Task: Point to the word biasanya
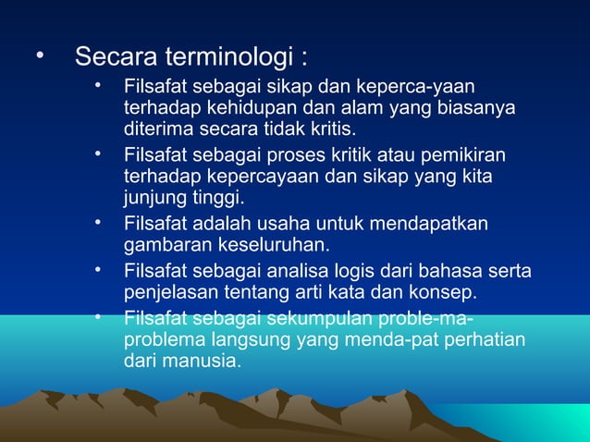pos(472,108)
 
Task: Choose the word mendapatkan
pos(433,224)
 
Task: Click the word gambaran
pos(163,245)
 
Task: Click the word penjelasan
pos(169,293)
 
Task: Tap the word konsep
pos(439,293)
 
